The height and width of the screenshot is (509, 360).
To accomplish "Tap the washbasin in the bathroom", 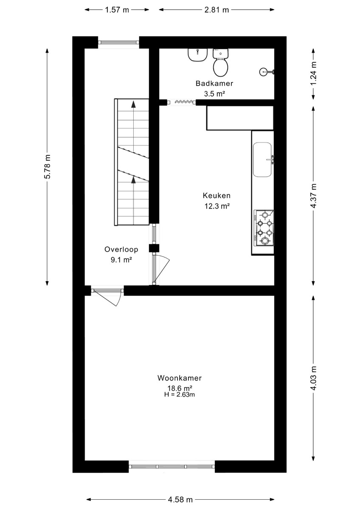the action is coord(197,55).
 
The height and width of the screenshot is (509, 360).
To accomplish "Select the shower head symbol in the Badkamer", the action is coord(266,72).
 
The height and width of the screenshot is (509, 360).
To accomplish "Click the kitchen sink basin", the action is coord(262,159).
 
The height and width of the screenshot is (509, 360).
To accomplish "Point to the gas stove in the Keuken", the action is coord(264,228).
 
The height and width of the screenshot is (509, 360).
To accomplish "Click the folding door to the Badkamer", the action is coord(181,102).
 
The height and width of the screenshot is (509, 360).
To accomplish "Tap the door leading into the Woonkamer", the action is coord(107,296).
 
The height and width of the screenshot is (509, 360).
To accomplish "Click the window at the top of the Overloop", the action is coord(118,42).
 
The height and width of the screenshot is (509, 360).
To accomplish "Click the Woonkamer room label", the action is coord(180,378).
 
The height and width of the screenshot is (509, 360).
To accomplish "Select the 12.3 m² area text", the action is coord(217,206).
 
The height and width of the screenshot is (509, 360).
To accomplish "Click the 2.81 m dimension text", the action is coord(217,10).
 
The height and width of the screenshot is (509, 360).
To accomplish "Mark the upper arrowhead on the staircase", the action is coord(133,104).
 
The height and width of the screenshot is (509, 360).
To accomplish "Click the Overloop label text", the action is coord(121,249).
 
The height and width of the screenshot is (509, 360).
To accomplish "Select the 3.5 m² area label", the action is coord(214,94).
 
